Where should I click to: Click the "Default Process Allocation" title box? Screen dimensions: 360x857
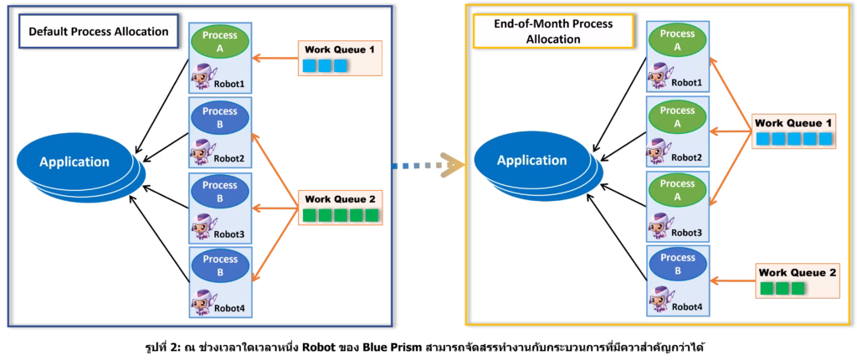98,32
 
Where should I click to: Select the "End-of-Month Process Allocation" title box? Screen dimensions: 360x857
552,31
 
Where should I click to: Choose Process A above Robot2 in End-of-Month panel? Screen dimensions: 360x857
676,116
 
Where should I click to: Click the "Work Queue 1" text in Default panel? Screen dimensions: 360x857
339,49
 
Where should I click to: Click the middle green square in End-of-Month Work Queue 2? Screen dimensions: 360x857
782,289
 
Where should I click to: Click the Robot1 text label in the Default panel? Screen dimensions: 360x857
228,85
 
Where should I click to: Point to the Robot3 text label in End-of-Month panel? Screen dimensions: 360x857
686,231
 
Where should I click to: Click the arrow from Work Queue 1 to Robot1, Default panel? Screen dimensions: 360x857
275,59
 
